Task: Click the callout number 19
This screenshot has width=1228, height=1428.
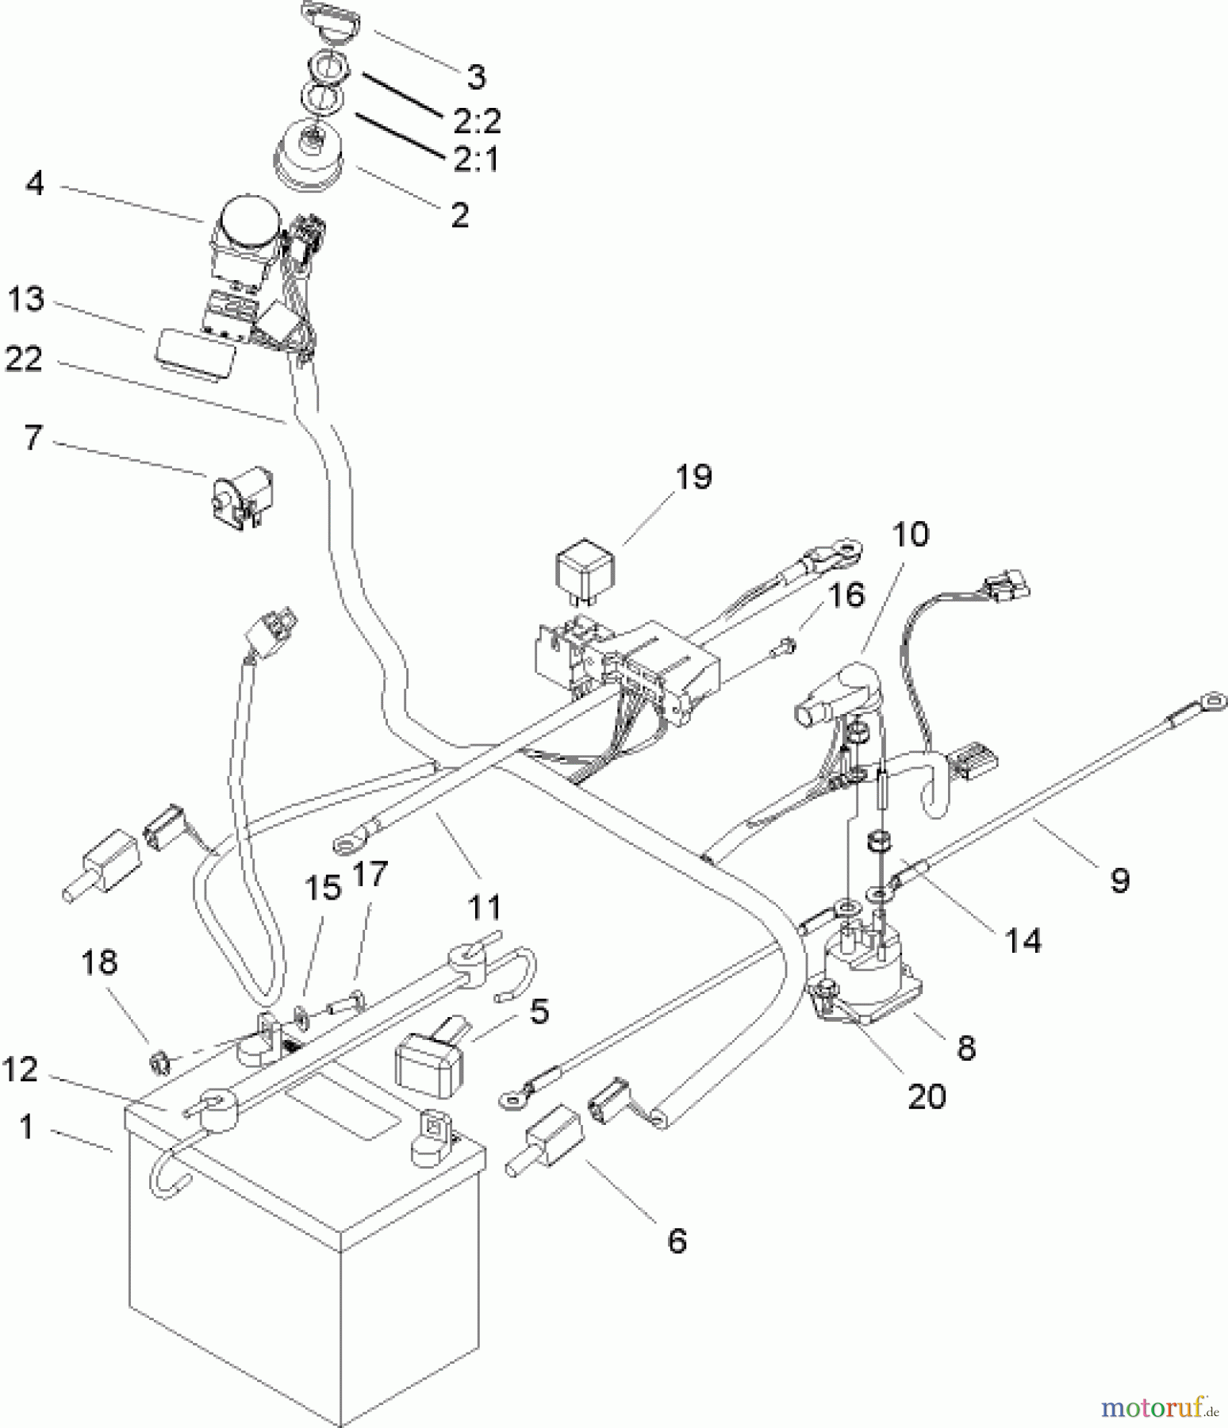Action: pyautogui.click(x=694, y=478)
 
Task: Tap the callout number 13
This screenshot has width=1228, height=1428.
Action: pyautogui.click(x=26, y=301)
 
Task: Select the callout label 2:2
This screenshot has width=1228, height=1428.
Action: pyautogui.click(x=478, y=121)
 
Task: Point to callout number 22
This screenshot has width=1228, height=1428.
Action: pyautogui.click(x=24, y=359)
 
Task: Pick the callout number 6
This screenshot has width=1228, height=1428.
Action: pyautogui.click(x=676, y=1241)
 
